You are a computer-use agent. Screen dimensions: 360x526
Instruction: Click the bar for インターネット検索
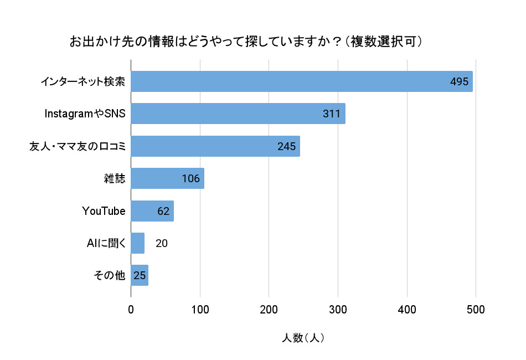288,81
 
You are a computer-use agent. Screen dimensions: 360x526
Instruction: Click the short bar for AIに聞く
137,243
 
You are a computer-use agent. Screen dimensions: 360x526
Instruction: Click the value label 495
460,82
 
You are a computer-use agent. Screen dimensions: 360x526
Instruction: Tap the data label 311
331,114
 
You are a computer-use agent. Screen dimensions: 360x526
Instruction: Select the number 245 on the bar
287,146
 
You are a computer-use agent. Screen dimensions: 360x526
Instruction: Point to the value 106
190,179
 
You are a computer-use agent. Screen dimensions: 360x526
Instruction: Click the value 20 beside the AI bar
162,243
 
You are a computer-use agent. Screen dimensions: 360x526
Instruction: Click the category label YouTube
104,211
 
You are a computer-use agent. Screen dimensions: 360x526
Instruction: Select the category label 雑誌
115,178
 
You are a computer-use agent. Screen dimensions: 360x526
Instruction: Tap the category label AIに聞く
107,243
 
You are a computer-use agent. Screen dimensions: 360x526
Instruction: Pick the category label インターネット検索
82,82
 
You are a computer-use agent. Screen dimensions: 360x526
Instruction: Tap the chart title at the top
246,42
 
